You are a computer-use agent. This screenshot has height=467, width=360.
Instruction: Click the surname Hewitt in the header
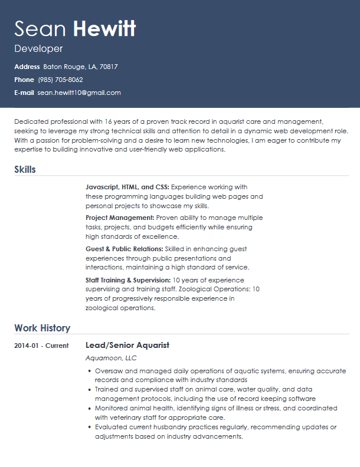pos(104,28)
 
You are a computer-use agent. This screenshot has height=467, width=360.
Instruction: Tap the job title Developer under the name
pos(38,48)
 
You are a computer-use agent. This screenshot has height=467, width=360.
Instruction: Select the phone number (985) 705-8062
pos(60,80)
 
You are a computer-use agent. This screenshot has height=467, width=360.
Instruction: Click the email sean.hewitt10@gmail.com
pos(79,93)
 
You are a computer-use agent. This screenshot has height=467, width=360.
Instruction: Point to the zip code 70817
pos(109,67)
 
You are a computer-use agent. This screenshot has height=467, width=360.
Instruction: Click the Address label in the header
pos(27,67)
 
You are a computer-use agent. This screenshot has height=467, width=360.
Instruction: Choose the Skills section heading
pos(25,169)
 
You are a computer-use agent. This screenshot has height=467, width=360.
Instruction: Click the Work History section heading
pos(42,328)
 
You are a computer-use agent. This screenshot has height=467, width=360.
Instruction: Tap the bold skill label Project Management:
pos(120,218)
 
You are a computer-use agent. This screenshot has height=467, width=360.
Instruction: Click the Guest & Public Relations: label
pos(124,249)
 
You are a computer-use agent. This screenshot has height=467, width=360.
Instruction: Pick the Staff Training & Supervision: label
pos(128,279)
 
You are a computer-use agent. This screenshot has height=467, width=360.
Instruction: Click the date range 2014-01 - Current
pos(41,346)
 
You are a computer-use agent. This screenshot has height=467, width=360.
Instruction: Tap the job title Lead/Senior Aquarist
pos(127,345)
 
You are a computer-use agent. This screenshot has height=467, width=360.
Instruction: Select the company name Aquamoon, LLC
pos(111,358)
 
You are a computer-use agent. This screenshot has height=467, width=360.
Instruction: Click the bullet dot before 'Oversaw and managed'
pos(89,371)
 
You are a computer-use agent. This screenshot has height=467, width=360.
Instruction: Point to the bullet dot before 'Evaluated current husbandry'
pos(89,427)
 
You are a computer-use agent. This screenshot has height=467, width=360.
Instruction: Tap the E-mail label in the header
pos(24,93)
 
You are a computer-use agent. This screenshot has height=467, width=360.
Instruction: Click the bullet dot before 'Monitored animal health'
pos(89,408)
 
